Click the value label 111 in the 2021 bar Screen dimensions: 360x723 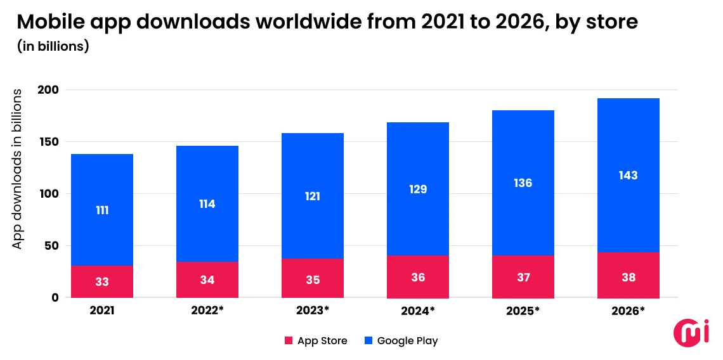click(102, 210)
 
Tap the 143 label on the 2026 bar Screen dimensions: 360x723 click(629, 176)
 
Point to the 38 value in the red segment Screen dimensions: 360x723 click(629, 278)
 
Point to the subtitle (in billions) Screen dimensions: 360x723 click(53, 46)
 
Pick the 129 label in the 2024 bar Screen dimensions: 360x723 click(418, 190)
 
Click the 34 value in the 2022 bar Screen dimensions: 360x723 click(207, 280)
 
